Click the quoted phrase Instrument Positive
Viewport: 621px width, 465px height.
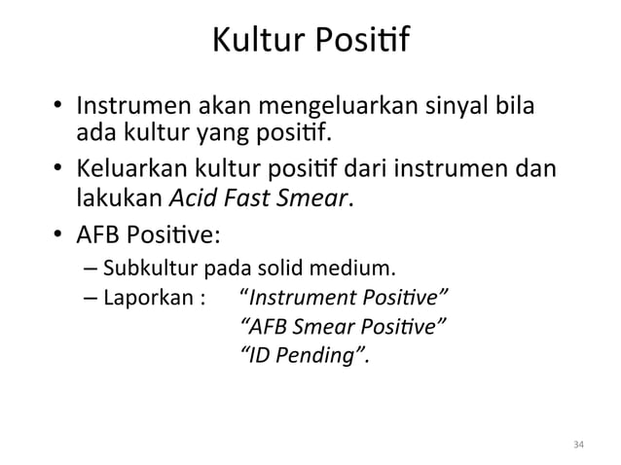point(345,296)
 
